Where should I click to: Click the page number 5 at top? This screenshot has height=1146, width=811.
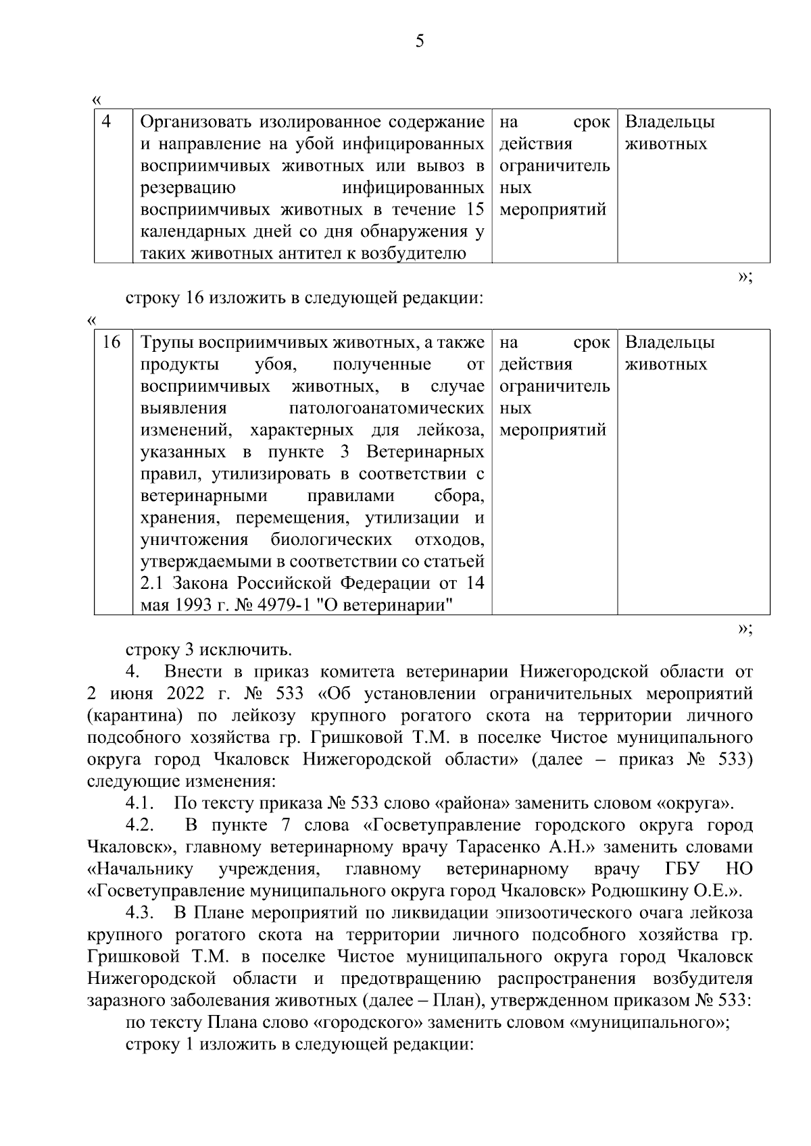coord(420,42)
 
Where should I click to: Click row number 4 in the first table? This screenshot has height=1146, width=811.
coord(106,122)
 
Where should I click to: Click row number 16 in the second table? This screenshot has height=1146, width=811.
coord(111,342)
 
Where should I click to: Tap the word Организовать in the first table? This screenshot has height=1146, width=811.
coord(196,122)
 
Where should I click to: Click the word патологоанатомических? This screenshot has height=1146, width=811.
coord(387,409)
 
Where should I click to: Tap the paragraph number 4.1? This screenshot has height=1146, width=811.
coord(141,804)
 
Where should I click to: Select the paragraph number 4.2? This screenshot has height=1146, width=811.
coord(141,825)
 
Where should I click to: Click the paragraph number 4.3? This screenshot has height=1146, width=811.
coord(141,913)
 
